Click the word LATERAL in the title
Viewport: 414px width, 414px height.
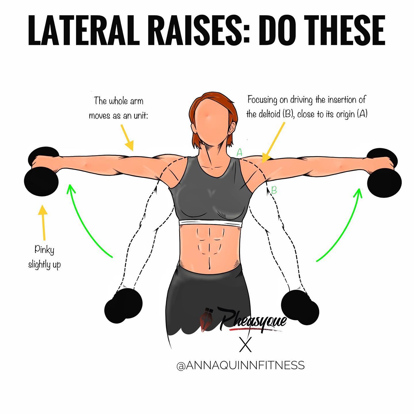(84, 30)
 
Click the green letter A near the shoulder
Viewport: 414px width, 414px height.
(239, 152)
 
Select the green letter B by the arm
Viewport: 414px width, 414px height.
(274, 190)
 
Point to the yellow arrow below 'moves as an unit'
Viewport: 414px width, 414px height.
(127, 137)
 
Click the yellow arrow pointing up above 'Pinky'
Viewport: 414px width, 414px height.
(43, 223)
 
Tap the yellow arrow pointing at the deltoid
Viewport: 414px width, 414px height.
(273, 142)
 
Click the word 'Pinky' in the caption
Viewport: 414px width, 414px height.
(45, 250)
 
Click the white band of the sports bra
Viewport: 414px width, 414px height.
(211, 223)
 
